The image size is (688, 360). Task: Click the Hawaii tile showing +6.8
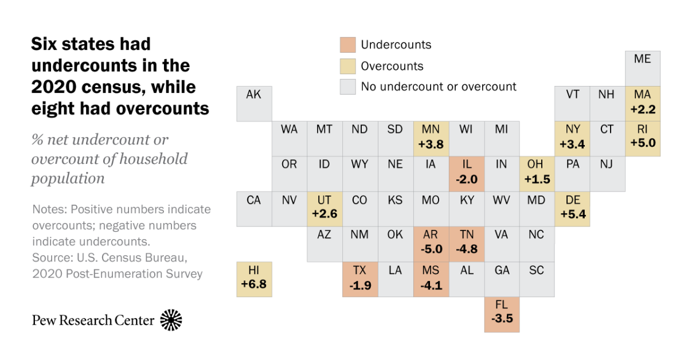coord(254,279)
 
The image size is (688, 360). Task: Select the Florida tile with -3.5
coord(502,315)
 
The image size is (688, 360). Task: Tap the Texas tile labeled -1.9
coord(360,279)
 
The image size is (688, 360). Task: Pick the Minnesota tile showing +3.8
coord(431,138)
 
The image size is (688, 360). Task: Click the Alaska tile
coord(254,103)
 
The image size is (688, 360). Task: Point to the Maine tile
coord(643,68)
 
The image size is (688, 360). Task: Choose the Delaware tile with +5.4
coord(572,209)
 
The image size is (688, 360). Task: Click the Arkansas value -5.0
coord(431,251)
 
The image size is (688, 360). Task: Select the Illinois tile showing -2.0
coord(466,174)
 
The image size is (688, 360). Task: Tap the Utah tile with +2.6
coord(325,209)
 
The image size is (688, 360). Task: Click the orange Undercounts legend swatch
coord(347,45)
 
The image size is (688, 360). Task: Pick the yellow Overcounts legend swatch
coord(347,66)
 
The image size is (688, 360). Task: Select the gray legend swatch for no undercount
coord(347,87)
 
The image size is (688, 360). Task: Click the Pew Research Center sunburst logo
coord(171,320)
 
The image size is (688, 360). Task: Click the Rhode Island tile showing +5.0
coord(643,138)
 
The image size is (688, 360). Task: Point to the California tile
coord(254,209)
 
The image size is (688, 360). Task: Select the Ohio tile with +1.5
coord(537,174)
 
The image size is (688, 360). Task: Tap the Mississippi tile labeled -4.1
coord(431,279)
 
